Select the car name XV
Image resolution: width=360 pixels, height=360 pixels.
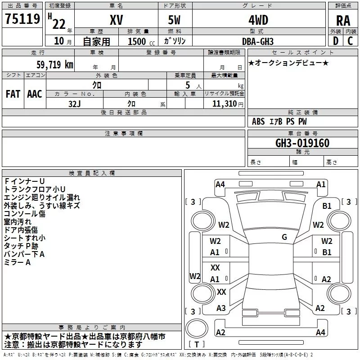point(117,20)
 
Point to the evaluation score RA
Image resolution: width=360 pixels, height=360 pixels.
point(343,21)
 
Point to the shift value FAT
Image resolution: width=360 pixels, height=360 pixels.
point(13,94)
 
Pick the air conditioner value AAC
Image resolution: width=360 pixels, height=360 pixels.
point(35,94)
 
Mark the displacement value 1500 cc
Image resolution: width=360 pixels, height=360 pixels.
point(140,41)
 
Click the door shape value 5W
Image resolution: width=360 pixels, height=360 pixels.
point(175,20)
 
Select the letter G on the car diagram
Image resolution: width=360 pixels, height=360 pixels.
point(284,237)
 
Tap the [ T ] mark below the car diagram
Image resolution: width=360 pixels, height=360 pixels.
point(197,345)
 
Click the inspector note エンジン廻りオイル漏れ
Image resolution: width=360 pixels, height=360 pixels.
point(42,197)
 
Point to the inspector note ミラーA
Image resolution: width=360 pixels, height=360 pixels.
point(18,262)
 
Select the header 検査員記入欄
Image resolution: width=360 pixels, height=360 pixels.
point(92,173)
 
